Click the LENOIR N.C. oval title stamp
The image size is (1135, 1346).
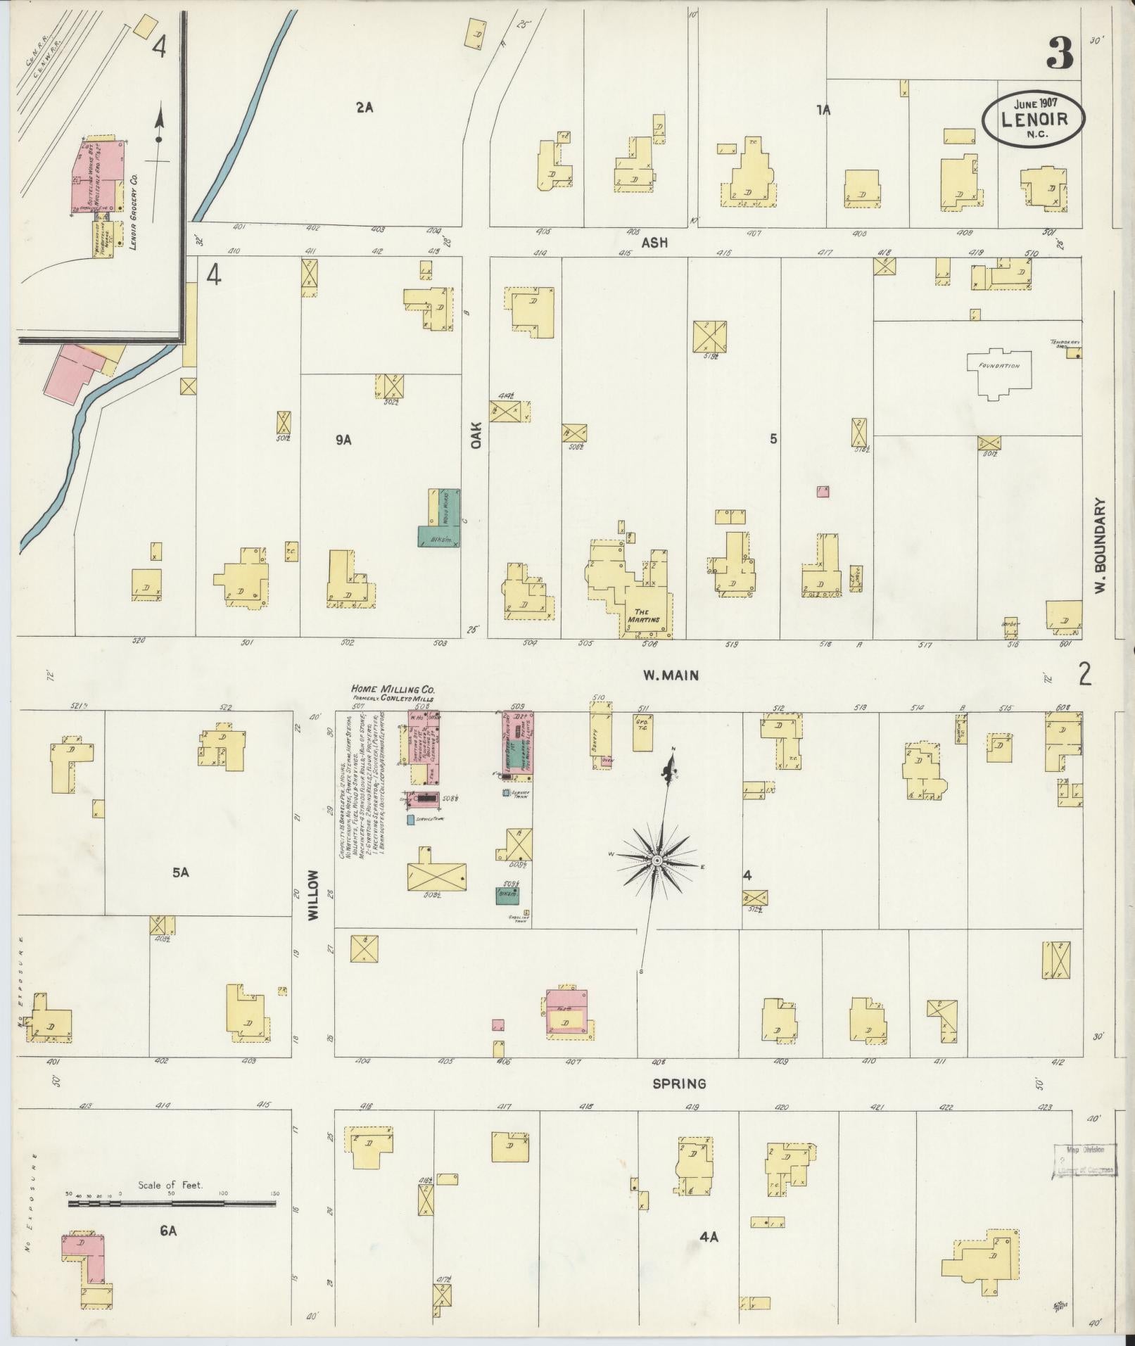(1033, 119)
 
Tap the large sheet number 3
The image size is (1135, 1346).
(1060, 53)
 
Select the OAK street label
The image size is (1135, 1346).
(476, 436)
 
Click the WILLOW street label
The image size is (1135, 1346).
(313, 895)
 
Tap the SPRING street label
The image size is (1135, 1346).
(679, 1084)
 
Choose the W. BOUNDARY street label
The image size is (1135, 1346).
(1101, 546)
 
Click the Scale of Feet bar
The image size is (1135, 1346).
(172, 1205)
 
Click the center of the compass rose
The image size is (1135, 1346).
(656, 861)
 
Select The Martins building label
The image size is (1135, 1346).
(647, 616)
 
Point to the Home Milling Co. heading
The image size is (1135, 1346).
(393, 690)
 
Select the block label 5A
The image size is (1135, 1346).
(181, 872)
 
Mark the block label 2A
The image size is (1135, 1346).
(364, 108)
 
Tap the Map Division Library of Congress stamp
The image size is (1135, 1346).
(1085, 1160)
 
